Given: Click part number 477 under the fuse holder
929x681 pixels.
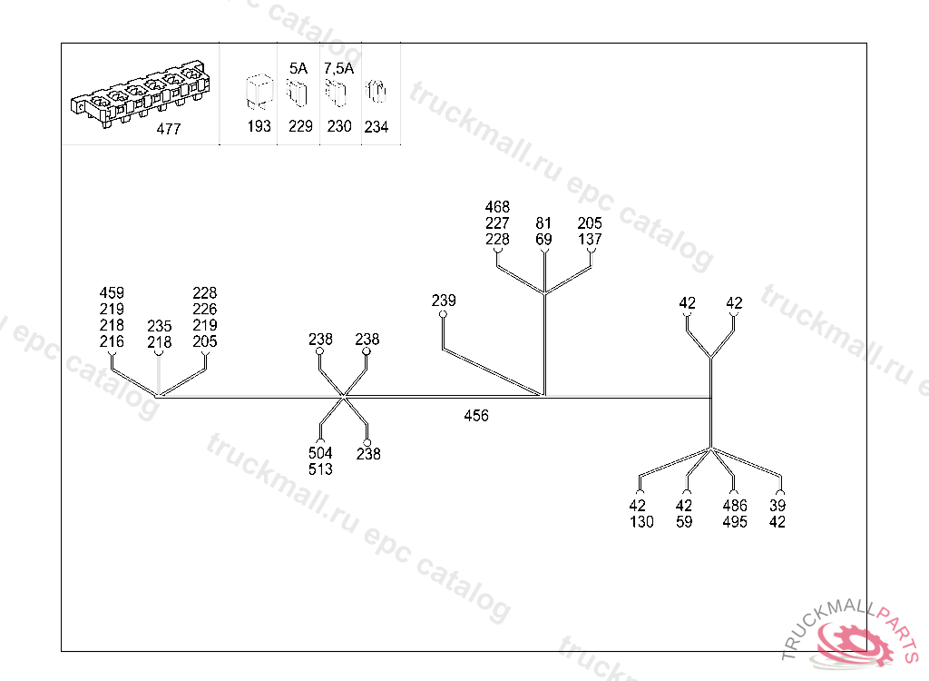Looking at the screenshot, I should pyautogui.click(x=169, y=129).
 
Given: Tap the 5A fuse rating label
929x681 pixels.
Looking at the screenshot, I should pyautogui.click(x=299, y=67).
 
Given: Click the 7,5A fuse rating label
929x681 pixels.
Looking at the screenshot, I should pyautogui.click(x=338, y=67).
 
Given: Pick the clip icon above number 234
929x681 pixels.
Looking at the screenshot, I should pyautogui.click(x=376, y=93).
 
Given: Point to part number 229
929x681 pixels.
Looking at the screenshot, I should pyautogui.click(x=300, y=126).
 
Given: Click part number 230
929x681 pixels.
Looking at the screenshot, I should pyautogui.click(x=339, y=126).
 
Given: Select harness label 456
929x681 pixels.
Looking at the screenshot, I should pyautogui.click(x=475, y=416).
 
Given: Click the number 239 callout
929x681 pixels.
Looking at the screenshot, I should pyautogui.click(x=444, y=301).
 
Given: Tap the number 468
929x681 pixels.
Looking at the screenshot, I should pyautogui.click(x=497, y=207).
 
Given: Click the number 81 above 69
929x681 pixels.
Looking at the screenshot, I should pyautogui.click(x=543, y=223).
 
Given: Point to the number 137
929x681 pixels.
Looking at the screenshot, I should pyautogui.click(x=590, y=240).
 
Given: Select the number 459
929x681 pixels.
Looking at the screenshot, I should pyautogui.click(x=112, y=293).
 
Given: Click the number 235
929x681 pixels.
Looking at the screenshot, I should pyautogui.click(x=159, y=326).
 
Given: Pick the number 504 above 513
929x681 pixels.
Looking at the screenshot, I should pyautogui.click(x=320, y=453).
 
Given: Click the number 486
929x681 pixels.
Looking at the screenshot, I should pyautogui.click(x=735, y=506).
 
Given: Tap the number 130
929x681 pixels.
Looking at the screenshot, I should pyautogui.click(x=641, y=522).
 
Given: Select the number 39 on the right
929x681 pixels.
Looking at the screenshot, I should pyautogui.click(x=777, y=506).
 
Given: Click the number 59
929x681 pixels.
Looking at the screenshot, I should pyautogui.click(x=684, y=522).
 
